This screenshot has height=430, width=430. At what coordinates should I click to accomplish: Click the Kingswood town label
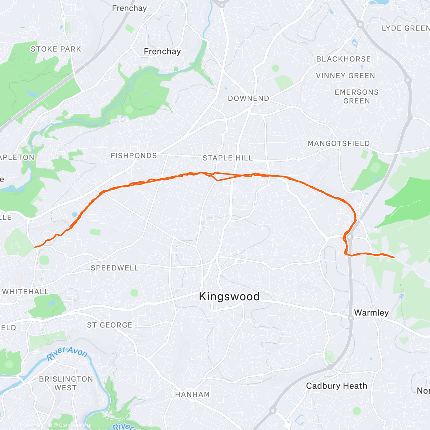click(x=229, y=297)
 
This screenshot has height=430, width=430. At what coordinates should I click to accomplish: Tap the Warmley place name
click(x=371, y=313)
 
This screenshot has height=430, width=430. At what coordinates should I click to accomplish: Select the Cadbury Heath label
click(x=336, y=386)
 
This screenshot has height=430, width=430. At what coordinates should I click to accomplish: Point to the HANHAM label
click(x=192, y=395)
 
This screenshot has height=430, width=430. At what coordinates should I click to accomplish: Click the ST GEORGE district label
click(x=110, y=325)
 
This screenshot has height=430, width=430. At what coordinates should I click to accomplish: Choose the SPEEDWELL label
click(x=114, y=268)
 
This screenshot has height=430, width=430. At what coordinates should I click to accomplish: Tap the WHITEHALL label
click(x=25, y=292)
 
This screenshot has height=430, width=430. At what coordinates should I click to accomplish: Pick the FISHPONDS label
click(x=134, y=156)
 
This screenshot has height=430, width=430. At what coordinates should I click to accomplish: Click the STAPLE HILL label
click(x=228, y=158)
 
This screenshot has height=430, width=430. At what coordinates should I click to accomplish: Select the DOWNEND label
click(x=248, y=99)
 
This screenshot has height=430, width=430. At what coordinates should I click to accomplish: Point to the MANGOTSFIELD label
click(x=339, y=144)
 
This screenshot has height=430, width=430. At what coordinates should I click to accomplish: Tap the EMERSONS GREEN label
click(x=356, y=97)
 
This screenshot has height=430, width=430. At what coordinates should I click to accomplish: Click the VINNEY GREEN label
click(x=345, y=76)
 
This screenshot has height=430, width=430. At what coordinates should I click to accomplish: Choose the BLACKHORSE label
click(x=343, y=59)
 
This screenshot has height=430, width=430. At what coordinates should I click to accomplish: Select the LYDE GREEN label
click(x=405, y=28)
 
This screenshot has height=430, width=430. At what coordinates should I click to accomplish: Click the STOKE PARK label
click(x=56, y=49)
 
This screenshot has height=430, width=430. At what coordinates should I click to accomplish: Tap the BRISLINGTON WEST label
click(x=66, y=383)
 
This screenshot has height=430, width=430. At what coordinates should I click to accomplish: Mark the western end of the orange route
click(x=35, y=247)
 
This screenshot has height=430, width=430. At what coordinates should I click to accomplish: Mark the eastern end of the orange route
click(x=394, y=257)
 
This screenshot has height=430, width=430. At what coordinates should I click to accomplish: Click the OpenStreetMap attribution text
click(x=75, y=426)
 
